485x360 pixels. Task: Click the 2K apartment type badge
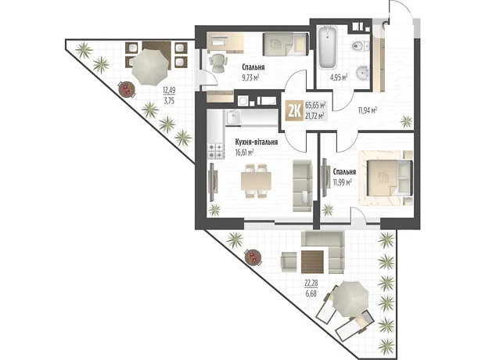click(294, 110)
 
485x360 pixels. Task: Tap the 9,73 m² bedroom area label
click(250, 77)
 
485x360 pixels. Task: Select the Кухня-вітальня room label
click(256, 142)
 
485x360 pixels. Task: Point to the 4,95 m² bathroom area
click(339, 77)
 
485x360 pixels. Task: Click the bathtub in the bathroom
click(328, 48)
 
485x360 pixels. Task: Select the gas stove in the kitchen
click(216, 151)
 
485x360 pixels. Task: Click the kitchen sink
click(233, 117)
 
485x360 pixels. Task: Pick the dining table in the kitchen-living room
click(256, 182)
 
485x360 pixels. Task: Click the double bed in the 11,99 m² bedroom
click(386, 178)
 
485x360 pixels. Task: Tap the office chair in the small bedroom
click(217, 63)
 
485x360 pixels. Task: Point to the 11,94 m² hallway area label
click(368, 110)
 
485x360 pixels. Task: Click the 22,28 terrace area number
click(311, 283)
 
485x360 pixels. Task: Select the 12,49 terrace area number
click(169, 90)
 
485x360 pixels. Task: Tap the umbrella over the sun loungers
click(350, 299)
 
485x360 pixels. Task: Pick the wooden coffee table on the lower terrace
click(312, 261)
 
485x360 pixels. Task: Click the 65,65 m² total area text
click(315, 105)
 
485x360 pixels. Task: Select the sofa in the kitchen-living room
click(302, 185)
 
